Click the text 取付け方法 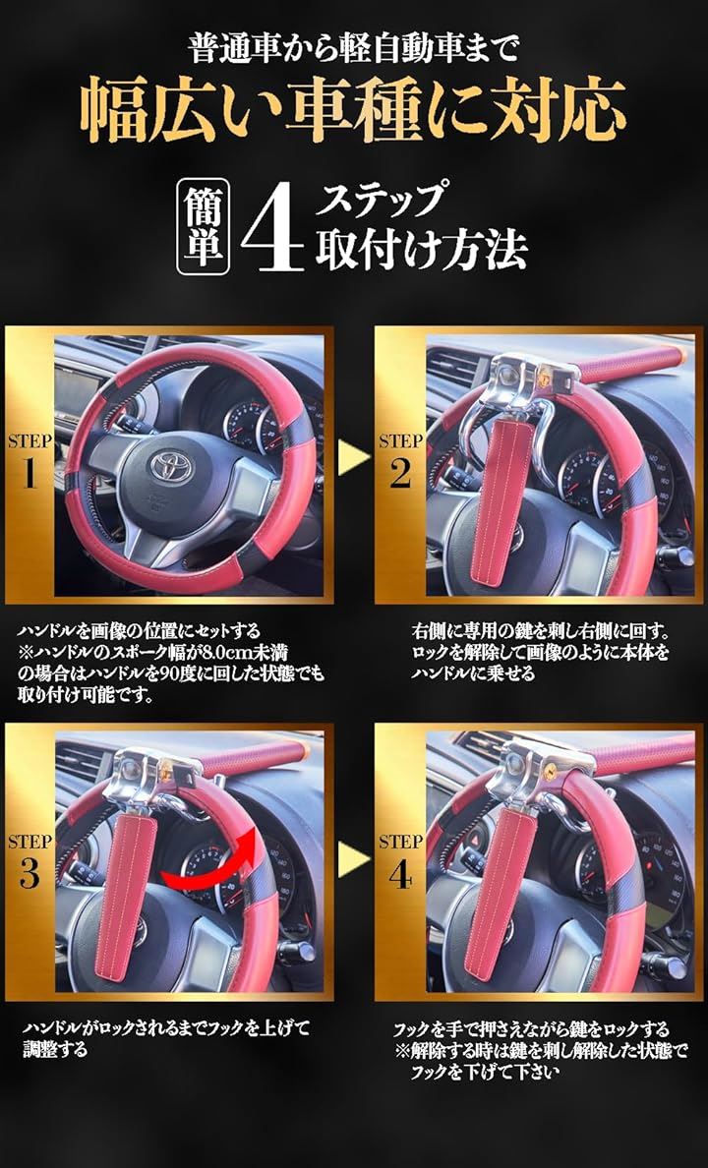coord(421,250)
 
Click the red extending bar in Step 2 coord(629,365)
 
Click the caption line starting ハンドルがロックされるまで coord(167,1029)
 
